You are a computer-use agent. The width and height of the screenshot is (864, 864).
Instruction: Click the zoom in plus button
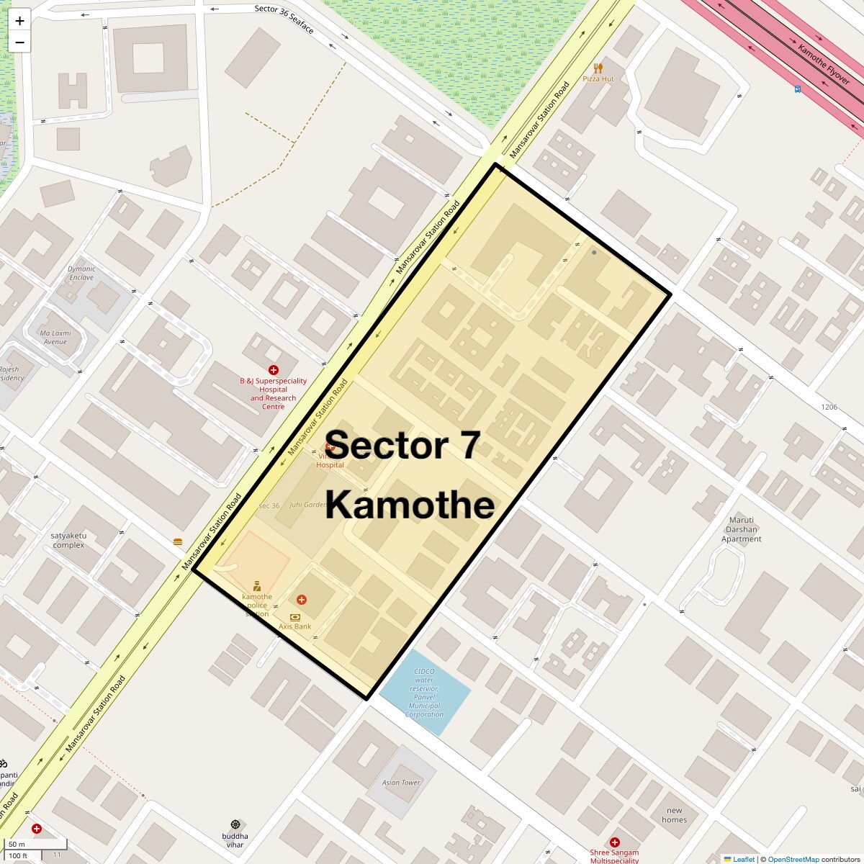click(x=19, y=21)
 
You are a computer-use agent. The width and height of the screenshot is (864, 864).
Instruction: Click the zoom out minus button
click(x=19, y=42)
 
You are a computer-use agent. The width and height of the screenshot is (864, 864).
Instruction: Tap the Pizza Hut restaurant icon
click(x=598, y=68)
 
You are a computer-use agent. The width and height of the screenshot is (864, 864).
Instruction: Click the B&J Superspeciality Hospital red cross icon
click(x=273, y=370)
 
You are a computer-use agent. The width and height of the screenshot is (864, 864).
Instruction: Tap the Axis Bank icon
click(x=294, y=617)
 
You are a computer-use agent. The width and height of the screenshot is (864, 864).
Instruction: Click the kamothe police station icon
click(x=257, y=586)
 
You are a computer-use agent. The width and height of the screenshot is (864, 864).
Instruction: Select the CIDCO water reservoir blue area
click(x=425, y=692)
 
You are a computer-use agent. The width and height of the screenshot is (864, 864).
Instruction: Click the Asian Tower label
click(x=401, y=783)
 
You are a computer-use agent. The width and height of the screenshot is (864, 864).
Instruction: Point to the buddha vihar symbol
click(x=235, y=824)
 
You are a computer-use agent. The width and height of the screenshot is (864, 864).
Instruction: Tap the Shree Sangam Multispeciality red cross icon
click(x=614, y=842)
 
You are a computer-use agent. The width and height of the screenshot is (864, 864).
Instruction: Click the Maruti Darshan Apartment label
click(x=742, y=529)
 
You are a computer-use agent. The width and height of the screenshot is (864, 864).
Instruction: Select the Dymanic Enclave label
click(x=81, y=273)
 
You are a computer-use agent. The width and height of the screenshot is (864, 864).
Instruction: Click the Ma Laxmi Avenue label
click(x=55, y=338)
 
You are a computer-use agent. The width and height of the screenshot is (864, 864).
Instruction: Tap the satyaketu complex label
click(x=68, y=540)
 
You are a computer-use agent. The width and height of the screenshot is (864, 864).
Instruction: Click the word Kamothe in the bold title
click(x=410, y=505)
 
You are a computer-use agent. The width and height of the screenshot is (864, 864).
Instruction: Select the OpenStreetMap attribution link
click(x=793, y=859)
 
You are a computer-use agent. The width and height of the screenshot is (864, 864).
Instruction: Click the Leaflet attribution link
click(x=744, y=859)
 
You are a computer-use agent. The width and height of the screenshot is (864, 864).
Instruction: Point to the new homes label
click(x=674, y=815)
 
